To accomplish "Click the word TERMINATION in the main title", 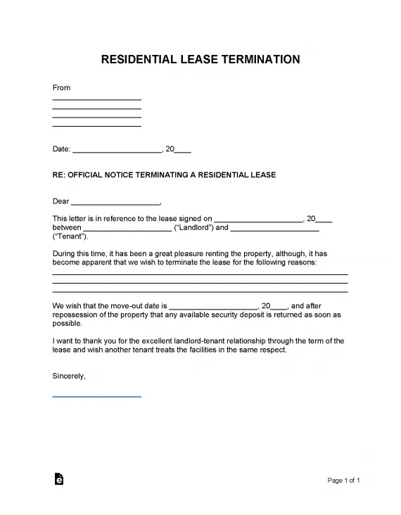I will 260,59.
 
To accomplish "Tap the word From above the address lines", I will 62,88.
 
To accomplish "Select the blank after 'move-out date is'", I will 214,307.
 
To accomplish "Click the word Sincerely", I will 69,376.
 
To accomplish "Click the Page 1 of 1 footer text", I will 344,481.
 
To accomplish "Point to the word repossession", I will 78,315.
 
